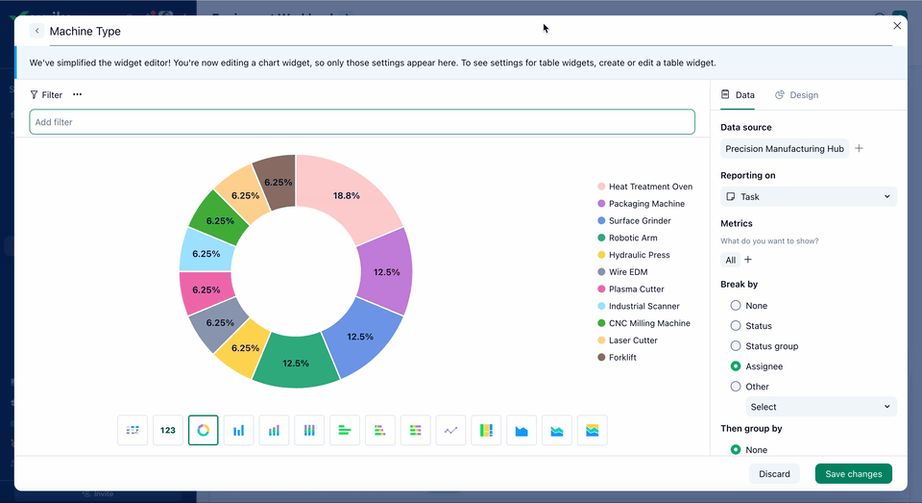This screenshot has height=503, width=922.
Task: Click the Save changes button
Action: pyautogui.click(x=853, y=474)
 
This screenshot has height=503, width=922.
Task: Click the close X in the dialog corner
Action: pyautogui.click(x=897, y=26)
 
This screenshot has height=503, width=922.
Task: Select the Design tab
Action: pyautogui.click(x=797, y=95)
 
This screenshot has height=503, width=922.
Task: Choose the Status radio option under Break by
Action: pyautogui.click(x=736, y=326)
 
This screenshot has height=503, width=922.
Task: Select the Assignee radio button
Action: pyautogui.click(x=736, y=366)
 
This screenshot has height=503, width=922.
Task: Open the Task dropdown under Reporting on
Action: pyautogui.click(x=808, y=196)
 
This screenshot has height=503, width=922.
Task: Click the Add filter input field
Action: pyautogui.click(x=362, y=122)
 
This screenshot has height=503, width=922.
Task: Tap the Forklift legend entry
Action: pyautogui.click(x=621, y=358)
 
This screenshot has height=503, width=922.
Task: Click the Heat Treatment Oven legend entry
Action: pyautogui.click(x=649, y=187)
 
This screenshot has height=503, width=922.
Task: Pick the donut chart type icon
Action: pyautogui.click(x=204, y=430)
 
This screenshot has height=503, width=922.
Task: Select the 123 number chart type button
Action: pyautogui.click(x=168, y=430)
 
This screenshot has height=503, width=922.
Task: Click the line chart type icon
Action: pyautogui.click(x=450, y=430)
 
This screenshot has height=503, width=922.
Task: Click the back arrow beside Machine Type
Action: pyautogui.click(x=37, y=31)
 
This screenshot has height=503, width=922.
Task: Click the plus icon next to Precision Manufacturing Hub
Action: pyautogui.click(x=860, y=149)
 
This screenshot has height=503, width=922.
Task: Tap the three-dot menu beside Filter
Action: pyautogui.click(x=77, y=95)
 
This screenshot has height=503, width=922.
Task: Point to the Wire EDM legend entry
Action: pyautogui.click(x=628, y=272)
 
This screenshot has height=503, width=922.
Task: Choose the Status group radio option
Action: pyautogui.click(x=736, y=346)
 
